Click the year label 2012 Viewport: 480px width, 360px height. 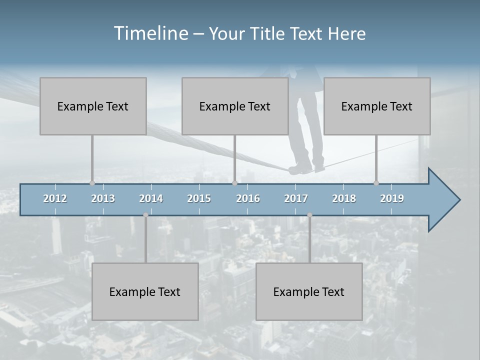tap(55, 198)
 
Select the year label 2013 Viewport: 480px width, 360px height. tap(103, 198)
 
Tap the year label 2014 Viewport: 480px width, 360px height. tap(151, 198)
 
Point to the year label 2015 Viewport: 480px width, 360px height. tap(199, 198)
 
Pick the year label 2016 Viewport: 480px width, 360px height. tap(248, 198)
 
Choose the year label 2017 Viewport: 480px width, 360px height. tap(296, 198)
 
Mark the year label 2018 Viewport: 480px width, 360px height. tap(344, 198)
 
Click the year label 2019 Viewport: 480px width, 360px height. tap(392, 198)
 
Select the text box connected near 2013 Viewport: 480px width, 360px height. tap(93, 106)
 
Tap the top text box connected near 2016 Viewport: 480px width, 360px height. tap(235, 106)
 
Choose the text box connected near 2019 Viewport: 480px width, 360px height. tap(377, 106)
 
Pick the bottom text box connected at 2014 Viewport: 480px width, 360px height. tap(145, 291)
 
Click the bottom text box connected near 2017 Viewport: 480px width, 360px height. tap(309, 291)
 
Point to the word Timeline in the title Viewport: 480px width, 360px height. tap(150, 33)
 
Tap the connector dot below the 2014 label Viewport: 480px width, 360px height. tap(145, 215)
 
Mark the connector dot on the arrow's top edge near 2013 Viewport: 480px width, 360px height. tap(92, 183)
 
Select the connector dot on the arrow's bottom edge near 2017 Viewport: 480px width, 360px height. tap(309, 215)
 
